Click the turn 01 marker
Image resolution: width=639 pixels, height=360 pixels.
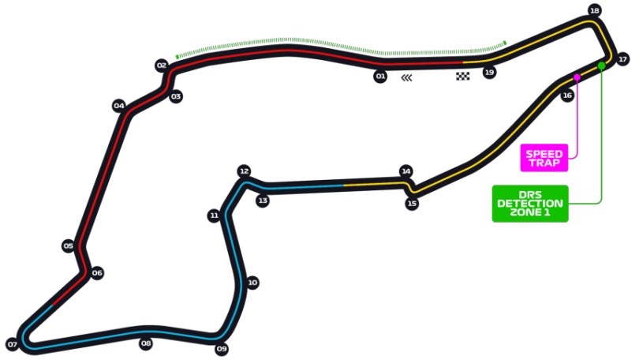click(380, 77)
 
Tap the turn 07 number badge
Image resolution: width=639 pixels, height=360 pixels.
click(13, 345)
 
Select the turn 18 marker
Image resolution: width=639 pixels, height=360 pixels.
click(595, 10)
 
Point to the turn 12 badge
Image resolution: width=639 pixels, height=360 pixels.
click(244, 171)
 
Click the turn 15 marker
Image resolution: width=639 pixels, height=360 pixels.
click(412, 204)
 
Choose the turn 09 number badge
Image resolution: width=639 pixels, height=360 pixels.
click(222, 349)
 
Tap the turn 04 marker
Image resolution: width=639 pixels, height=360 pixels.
click(119, 106)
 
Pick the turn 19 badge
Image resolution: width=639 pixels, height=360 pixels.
click(489, 73)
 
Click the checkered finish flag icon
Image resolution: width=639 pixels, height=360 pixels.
click(463, 77)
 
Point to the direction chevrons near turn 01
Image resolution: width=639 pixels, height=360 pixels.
click(407, 78)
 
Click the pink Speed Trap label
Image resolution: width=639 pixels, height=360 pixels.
click(544, 158)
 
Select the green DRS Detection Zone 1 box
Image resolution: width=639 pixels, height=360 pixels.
click(530, 204)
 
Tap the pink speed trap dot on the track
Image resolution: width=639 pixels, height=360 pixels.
click(577, 77)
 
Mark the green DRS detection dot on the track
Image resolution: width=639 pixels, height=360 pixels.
click(601, 66)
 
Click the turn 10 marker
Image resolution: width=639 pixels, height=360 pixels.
click(252, 283)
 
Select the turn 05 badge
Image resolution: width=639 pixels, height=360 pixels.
click(69, 246)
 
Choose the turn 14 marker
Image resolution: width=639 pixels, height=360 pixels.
click(406, 171)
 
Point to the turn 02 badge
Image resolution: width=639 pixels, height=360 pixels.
click(162, 66)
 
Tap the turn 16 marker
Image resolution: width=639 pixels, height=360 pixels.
click(567, 96)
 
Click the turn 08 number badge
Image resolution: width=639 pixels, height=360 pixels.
click(146, 343)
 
